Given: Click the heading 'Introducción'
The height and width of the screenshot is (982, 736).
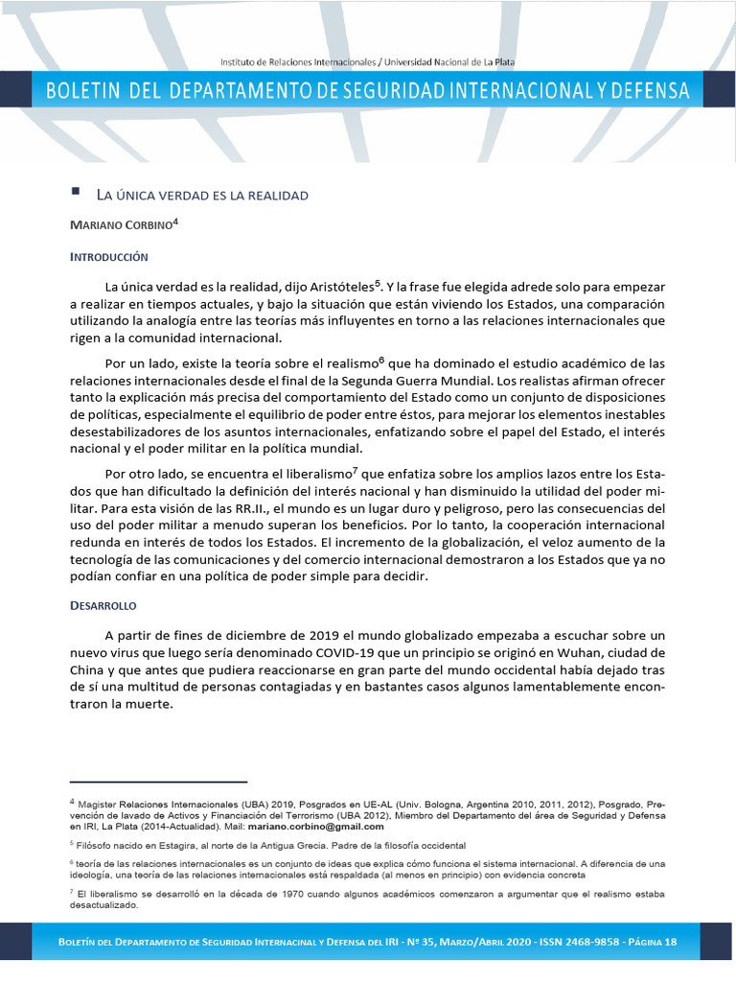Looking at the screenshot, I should [109, 257].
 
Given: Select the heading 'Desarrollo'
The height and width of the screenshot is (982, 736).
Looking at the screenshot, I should [103, 606].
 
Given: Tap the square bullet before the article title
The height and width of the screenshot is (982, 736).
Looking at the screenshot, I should [75, 193].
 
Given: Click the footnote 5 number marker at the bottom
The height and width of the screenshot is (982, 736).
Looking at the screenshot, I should [72, 844].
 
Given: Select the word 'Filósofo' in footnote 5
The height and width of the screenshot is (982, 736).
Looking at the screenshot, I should [95, 846].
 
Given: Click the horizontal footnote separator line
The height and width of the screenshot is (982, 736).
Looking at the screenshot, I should [158, 782].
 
